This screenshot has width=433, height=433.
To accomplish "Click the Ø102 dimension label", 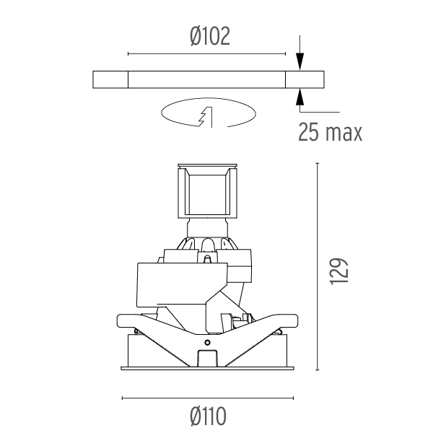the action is pos(210,36).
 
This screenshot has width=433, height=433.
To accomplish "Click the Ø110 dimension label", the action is pos(209,416).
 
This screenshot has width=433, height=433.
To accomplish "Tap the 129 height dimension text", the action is pos(339,271).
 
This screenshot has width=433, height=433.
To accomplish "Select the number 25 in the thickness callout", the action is pos(308,132).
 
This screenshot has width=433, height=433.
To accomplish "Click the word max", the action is pos(344,134).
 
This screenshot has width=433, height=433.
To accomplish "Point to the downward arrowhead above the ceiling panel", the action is pos(300,61).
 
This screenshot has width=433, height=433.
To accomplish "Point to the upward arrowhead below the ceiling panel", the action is pos(300,97).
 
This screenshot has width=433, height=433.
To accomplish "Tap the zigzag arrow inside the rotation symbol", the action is pos(206,117).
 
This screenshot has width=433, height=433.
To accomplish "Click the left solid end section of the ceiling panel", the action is pos(110,80).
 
